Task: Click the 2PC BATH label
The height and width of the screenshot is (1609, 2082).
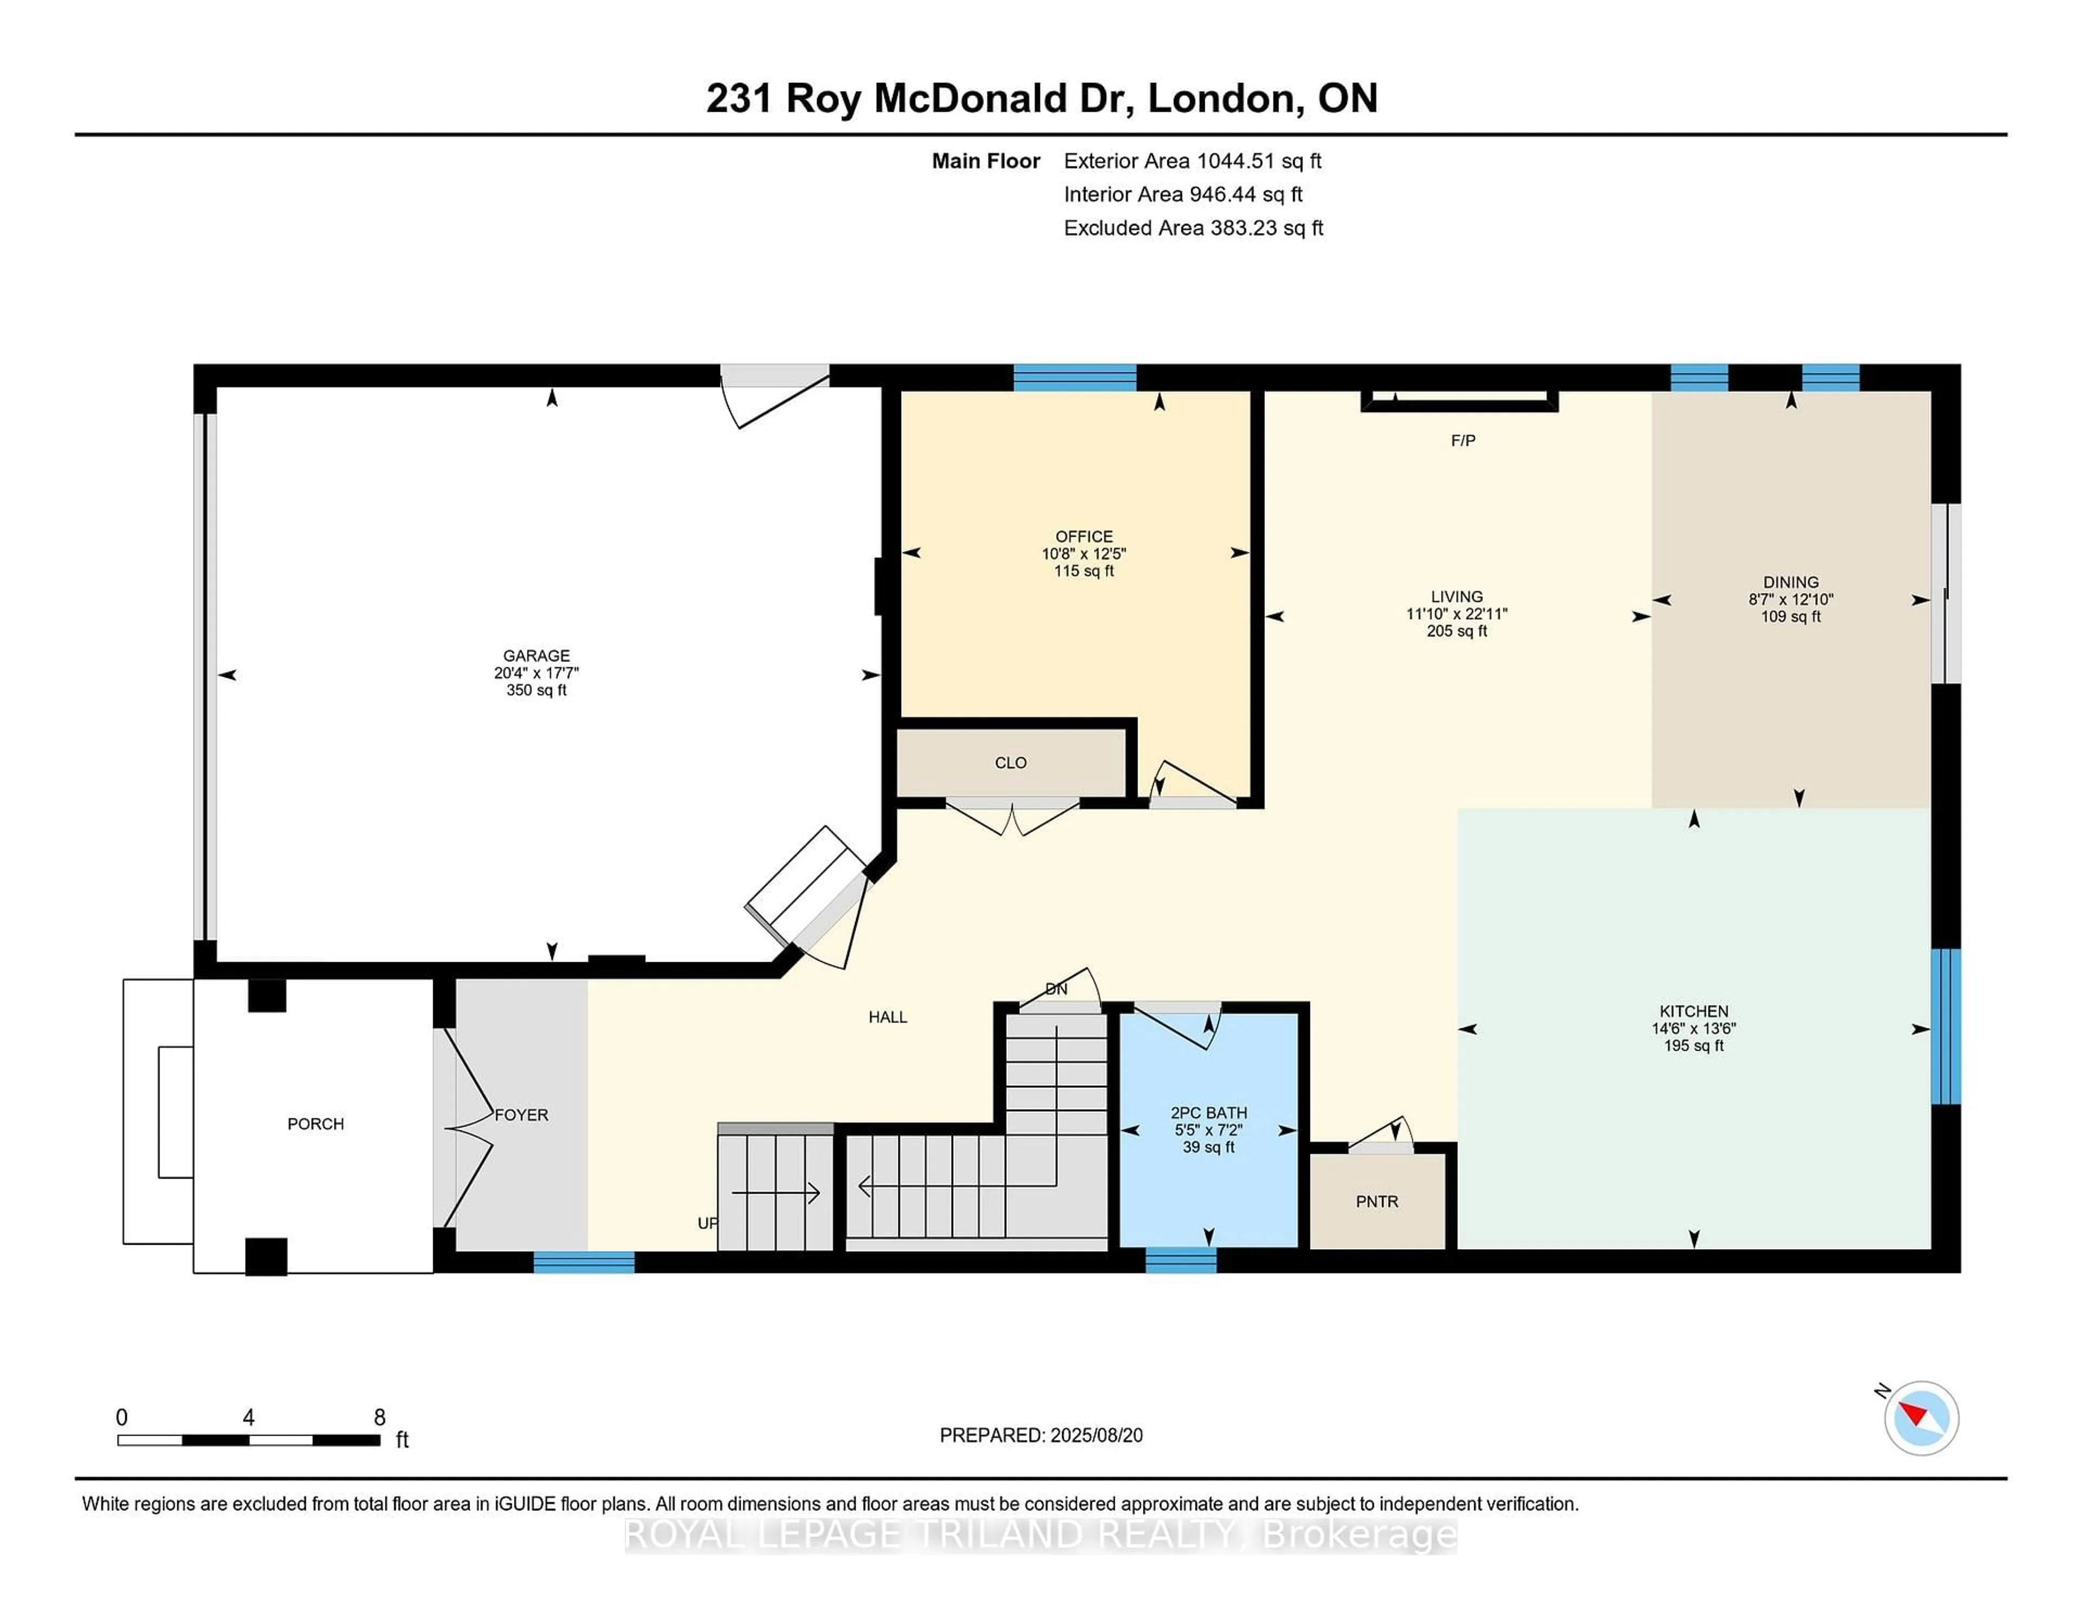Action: coord(1208,1112)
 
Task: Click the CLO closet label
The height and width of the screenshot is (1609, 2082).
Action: coord(1011,763)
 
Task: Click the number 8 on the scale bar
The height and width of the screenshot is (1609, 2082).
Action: coord(380,1418)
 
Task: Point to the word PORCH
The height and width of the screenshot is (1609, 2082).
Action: coord(316,1124)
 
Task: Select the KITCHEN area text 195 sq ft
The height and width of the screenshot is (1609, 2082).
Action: coord(1693,1046)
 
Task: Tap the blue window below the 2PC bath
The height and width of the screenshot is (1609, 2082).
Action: coord(1180,1260)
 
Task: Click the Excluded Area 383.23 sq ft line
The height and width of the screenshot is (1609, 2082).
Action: coord(1193,228)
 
